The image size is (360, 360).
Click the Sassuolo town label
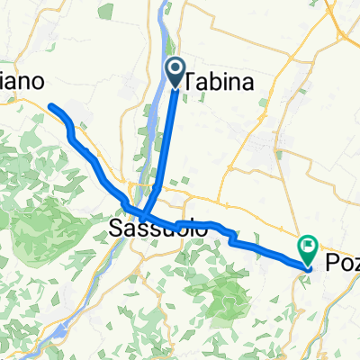tap(159, 229)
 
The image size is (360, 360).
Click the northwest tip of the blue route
tap(49, 107)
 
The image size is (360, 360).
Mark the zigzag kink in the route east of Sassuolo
tap(231, 236)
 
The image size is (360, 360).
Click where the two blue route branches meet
tap(144, 216)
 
